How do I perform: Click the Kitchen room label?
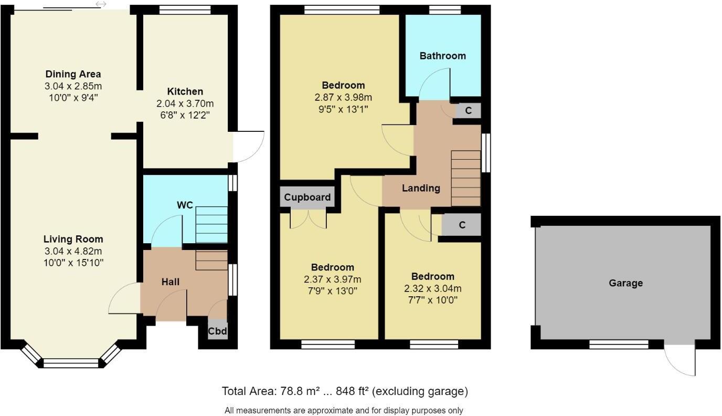click(x=185, y=91)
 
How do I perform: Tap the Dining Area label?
click(x=73, y=74)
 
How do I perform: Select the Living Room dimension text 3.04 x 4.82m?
click(x=73, y=251)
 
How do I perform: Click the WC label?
click(x=185, y=205)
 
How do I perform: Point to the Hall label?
click(x=170, y=282)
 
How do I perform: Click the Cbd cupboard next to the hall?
click(x=218, y=331)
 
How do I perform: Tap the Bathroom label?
click(x=442, y=56)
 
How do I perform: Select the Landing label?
click(x=421, y=188)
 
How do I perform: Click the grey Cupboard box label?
click(x=307, y=197)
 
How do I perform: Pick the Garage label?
click(x=625, y=283)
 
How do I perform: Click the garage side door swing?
click(x=679, y=360)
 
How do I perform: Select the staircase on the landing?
click(x=465, y=178)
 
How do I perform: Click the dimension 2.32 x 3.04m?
click(x=432, y=288)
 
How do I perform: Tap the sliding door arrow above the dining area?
click(x=101, y=4)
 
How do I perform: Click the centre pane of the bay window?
click(x=71, y=362)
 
